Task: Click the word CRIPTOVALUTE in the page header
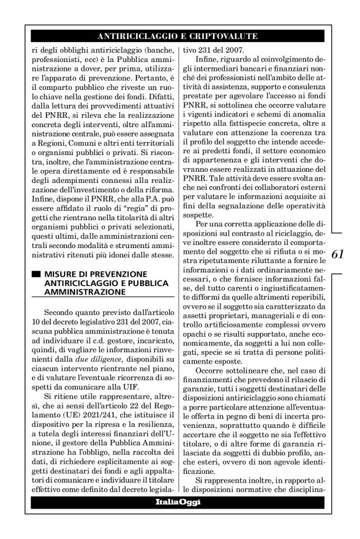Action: click(223, 36)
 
